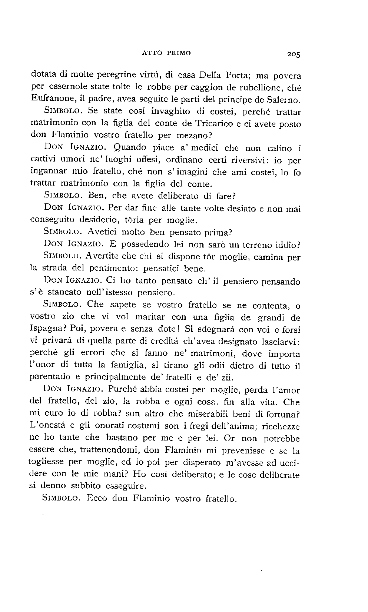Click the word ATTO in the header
(152, 53)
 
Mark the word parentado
(50, 377)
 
